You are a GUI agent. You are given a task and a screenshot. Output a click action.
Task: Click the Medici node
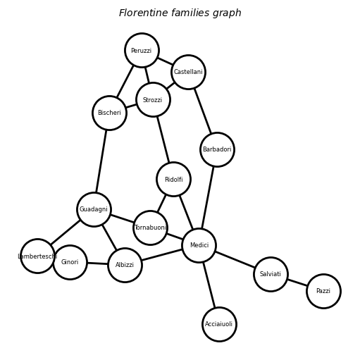click(199, 245)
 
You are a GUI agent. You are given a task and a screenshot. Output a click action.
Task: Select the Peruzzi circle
click(142, 50)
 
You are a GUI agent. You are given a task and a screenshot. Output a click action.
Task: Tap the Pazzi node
click(323, 291)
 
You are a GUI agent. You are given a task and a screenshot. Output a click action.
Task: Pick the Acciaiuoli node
click(219, 324)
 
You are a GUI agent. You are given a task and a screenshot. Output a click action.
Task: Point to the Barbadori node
click(217, 149)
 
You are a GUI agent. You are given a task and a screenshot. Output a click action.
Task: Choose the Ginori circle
click(70, 262)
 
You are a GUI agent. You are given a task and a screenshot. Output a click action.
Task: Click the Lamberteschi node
click(37, 256)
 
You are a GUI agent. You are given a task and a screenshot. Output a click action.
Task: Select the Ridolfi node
click(173, 179)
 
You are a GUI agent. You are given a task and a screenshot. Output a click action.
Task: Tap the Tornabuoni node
click(150, 228)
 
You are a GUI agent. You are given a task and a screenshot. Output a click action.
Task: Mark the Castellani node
click(188, 72)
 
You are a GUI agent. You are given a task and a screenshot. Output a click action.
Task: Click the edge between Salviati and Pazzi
click(297, 283)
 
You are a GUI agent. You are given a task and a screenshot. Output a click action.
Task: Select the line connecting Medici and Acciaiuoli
click(209, 285)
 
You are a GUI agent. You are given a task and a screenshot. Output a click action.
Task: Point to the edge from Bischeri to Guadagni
click(101, 161)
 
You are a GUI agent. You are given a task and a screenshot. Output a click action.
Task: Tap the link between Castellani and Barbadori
click(203, 111)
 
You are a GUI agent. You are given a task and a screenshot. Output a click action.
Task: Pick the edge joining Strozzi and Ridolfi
click(163, 139)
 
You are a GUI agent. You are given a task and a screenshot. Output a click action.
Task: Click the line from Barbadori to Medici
click(208, 197)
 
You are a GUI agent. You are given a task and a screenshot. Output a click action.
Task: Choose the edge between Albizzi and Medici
click(162, 255)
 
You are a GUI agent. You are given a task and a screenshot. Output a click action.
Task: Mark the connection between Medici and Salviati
click(235, 259)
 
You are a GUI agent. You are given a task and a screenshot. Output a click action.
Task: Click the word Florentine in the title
click(144, 13)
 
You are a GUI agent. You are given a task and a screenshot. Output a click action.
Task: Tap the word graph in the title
click(227, 13)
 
